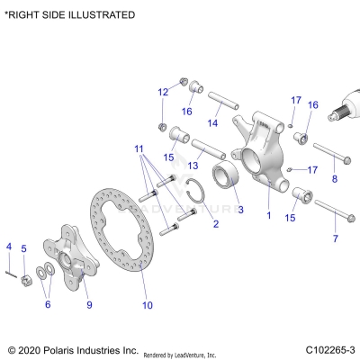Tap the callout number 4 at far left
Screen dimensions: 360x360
[9, 246]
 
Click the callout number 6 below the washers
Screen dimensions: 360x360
[49, 304]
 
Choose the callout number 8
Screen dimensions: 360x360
[335, 179]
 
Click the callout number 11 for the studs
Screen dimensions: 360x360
[139, 148]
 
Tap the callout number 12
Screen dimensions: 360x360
[163, 92]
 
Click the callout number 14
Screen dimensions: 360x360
[212, 122]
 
